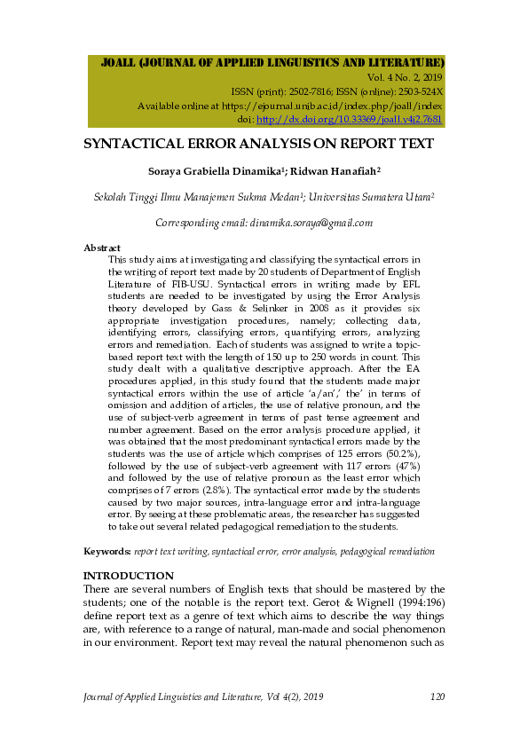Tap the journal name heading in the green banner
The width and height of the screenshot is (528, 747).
273,63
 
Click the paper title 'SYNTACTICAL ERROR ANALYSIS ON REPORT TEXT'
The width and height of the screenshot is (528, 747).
258,143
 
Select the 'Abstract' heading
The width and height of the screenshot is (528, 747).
101,248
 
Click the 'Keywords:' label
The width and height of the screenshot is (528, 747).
107,551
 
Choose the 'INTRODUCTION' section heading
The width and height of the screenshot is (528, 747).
129,576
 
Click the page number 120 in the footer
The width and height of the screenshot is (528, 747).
436,696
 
